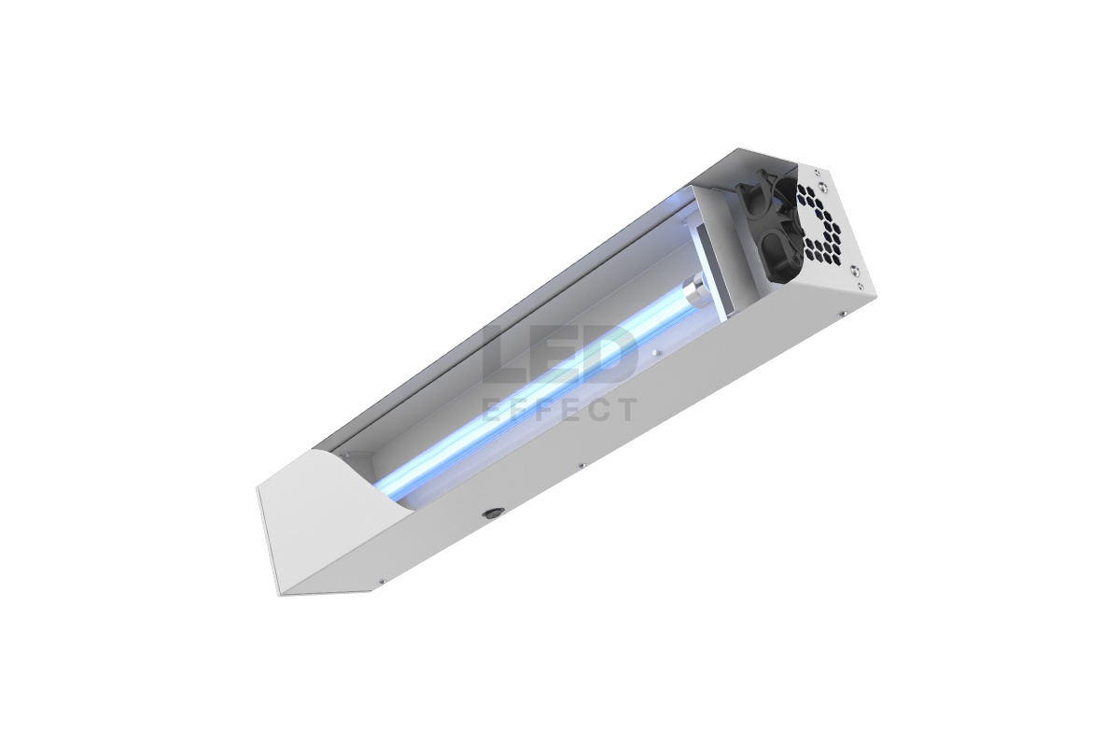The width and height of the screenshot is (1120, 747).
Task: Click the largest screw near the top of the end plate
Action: point(821,186)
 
